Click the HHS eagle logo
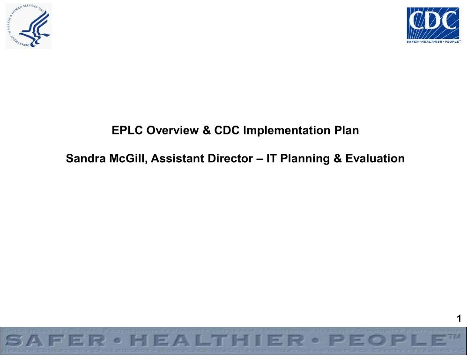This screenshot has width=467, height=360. coord(29,26)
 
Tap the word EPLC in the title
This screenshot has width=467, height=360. coord(127,130)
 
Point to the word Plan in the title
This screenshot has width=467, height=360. coord(347,130)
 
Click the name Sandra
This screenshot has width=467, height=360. coord(84,159)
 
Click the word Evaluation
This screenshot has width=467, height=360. coord(375,159)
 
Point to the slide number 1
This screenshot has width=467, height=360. coord(459,319)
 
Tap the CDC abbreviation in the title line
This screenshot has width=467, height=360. coord(227,130)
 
